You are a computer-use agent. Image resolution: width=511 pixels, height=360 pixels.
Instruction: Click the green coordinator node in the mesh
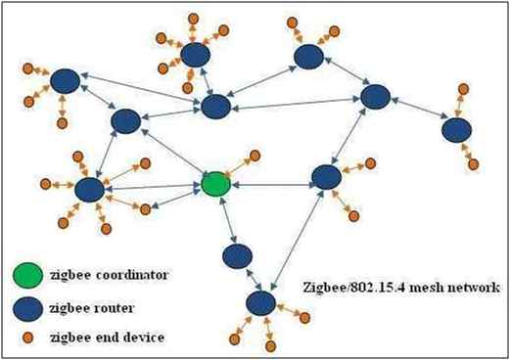(216, 183)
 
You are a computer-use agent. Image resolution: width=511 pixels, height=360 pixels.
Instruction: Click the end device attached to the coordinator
(255, 155)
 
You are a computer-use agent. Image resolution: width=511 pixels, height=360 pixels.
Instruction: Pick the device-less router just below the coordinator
(236, 256)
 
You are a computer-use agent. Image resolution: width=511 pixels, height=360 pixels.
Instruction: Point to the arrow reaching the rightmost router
(415, 113)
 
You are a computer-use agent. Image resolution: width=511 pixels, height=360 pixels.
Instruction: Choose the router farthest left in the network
(65, 82)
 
